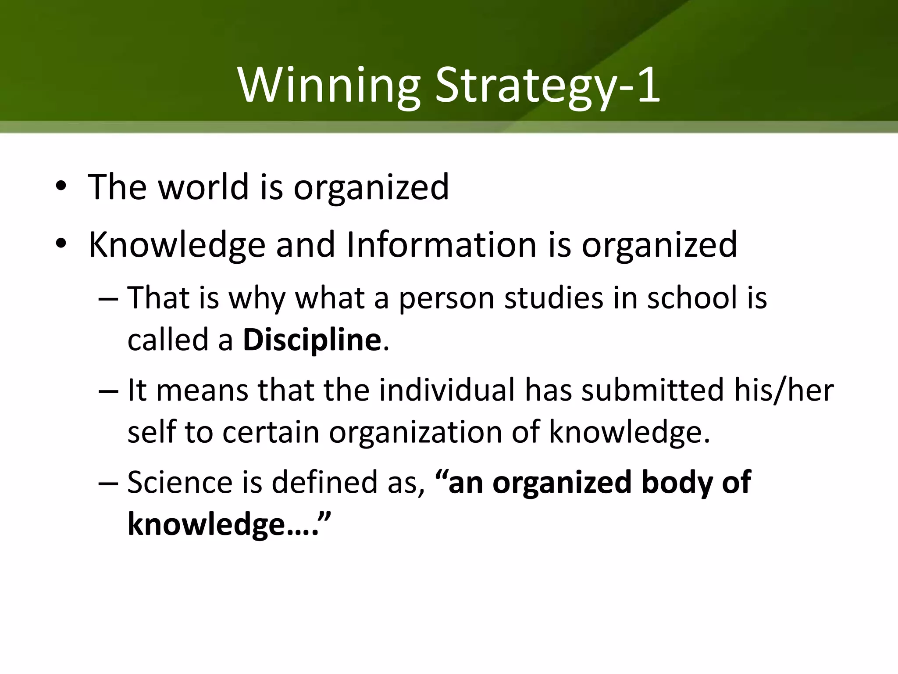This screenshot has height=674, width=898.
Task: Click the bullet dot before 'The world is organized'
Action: [61, 186]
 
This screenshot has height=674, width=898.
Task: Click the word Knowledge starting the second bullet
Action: [177, 245]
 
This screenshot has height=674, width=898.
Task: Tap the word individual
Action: [447, 390]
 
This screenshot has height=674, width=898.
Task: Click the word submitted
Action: [652, 390]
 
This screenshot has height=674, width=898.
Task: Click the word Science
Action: [180, 482]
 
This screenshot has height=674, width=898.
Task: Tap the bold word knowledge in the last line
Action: [206, 524]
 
